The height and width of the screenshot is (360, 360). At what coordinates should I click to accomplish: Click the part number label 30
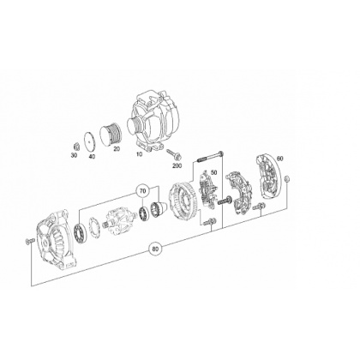pyautogui.click(x=74, y=155)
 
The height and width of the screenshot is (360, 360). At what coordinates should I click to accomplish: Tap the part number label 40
pyautogui.click(x=92, y=156)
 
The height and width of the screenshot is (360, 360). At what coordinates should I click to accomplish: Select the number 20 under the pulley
pyautogui.click(x=117, y=148)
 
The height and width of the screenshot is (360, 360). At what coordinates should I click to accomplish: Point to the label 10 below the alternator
pyautogui.click(x=139, y=154)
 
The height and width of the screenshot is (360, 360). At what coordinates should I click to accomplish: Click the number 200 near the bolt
pyautogui.click(x=177, y=165)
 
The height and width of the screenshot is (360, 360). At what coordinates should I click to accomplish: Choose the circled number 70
pyautogui.click(x=143, y=192)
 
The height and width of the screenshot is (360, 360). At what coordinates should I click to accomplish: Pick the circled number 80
pyautogui.click(x=155, y=249)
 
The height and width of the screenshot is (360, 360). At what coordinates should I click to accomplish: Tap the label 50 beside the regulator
pyautogui.click(x=213, y=172)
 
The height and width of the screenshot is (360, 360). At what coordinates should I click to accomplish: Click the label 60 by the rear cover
pyautogui.click(x=280, y=159)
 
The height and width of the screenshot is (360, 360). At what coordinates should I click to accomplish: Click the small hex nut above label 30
pyautogui.click(x=75, y=147)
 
